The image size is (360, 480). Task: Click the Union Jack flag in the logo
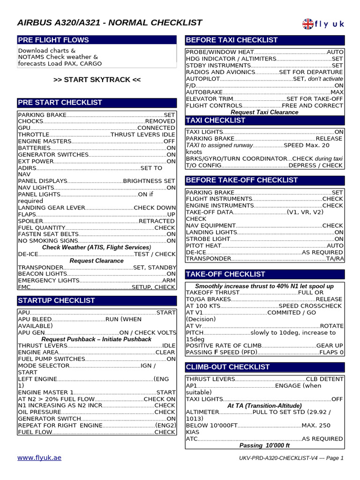308,23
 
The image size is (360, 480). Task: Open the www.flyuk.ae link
39,457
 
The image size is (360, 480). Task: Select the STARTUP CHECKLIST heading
56,300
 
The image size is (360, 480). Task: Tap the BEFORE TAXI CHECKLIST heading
232,40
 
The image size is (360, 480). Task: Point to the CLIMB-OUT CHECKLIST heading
228,367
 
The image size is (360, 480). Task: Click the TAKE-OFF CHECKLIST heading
225,274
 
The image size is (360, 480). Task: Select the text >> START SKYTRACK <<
97,80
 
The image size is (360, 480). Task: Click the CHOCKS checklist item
30,121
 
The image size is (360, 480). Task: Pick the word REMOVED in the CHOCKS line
160,121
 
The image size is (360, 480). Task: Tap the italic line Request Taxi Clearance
264,112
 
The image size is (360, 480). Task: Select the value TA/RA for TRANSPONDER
335,258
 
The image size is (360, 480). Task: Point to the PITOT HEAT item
203,245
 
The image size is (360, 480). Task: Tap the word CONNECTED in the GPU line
156,127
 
